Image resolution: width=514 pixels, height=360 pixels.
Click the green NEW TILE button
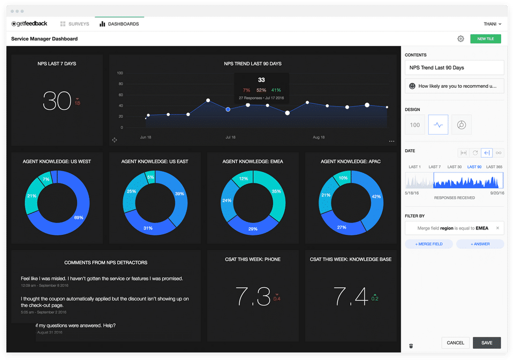[485, 39]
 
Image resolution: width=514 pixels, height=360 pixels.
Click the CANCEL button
[455, 342]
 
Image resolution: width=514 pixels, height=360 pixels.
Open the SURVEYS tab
[74, 24]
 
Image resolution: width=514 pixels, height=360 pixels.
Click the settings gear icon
[460, 39]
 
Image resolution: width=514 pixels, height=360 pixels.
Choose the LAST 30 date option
[455, 167]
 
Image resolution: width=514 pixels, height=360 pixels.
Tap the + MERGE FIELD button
[428, 244]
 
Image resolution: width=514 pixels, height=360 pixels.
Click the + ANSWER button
[480, 244]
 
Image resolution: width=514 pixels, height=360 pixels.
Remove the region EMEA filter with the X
[497, 228]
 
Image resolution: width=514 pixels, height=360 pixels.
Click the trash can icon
[411, 346]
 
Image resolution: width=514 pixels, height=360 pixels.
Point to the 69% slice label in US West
[79, 218]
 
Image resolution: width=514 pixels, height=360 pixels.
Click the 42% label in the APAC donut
[376, 197]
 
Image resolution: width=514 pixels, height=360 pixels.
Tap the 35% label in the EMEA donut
[276, 191]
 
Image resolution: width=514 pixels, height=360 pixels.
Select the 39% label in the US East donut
[179, 194]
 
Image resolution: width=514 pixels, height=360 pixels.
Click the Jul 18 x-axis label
[231, 137]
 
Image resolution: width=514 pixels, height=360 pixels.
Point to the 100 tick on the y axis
[119, 73]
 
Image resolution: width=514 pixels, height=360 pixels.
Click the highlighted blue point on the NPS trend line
[228, 109]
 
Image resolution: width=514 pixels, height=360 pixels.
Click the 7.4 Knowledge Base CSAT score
[350, 296]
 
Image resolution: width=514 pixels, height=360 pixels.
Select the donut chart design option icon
[461, 125]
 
